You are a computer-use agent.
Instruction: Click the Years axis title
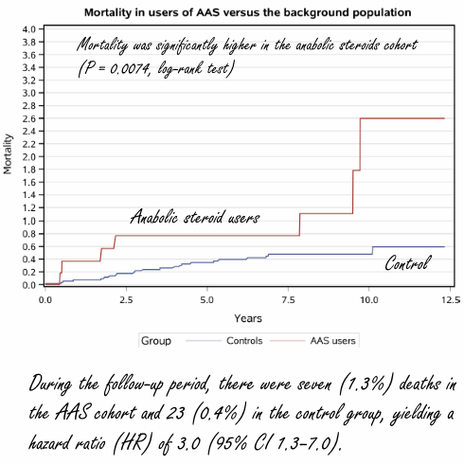249,317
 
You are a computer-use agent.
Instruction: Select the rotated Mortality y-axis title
9,157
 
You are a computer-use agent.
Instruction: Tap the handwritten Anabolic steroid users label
194,217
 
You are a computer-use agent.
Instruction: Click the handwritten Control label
406,264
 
